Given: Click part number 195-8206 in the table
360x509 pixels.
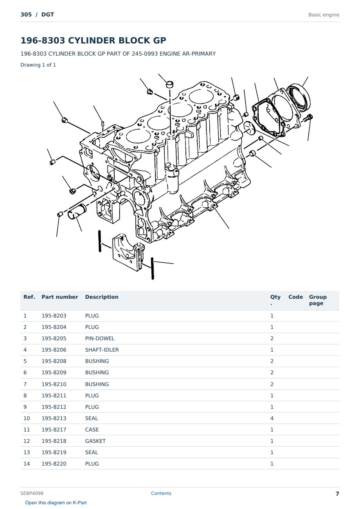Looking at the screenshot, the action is [54, 350].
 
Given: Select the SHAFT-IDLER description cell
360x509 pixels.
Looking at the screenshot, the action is [102, 350].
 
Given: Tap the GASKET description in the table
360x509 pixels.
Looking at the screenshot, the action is [95, 441].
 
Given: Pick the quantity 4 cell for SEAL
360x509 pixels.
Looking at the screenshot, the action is [272, 418].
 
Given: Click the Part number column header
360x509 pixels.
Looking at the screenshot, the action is [60, 297].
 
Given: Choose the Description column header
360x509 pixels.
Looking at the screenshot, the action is [101, 297].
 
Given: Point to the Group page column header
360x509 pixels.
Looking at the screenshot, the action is [318, 300].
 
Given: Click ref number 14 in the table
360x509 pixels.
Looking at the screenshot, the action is [27, 464].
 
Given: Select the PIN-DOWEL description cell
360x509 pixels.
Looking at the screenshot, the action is [100, 338].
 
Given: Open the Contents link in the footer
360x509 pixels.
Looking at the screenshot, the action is [161, 493].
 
